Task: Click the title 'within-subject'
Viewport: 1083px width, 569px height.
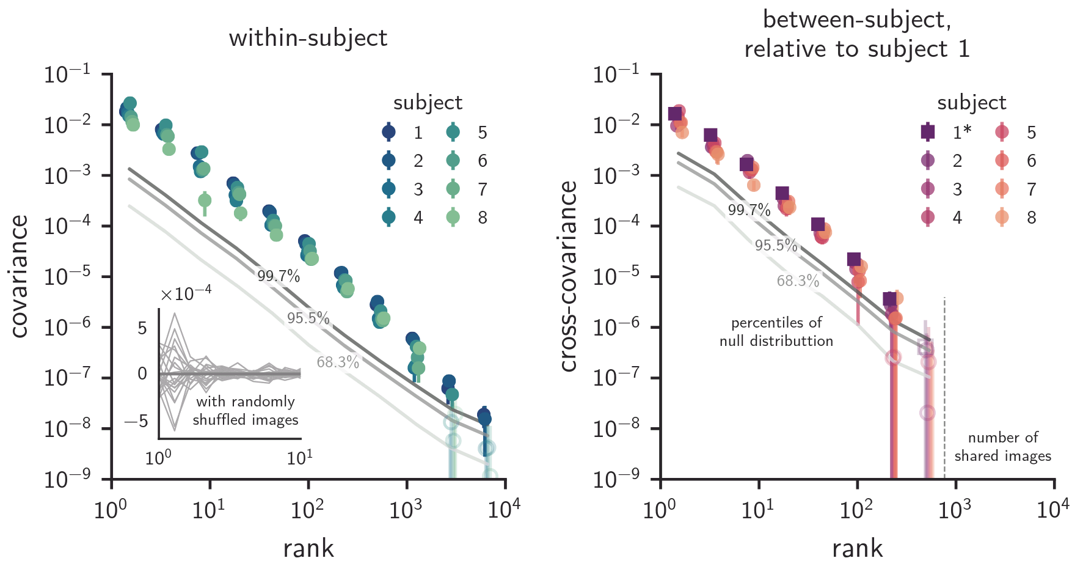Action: click(308, 39)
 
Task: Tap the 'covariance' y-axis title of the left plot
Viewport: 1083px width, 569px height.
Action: click(20, 276)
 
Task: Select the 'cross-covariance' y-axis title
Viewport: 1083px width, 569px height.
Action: click(569, 276)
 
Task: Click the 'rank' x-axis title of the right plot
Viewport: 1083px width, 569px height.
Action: click(857, 548)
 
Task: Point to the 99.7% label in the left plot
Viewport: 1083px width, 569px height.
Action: click(279, 276)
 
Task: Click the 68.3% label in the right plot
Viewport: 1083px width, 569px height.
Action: click(798, 281)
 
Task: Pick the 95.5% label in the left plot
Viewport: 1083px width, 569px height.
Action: click(308, 318)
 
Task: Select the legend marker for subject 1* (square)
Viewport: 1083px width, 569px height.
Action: click(928, 132)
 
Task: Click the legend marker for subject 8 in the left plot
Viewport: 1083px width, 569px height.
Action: click(453, 218)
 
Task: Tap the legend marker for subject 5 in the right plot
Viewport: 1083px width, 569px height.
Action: click(1002, 132)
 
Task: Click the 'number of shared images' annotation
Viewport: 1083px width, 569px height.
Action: click(1002, 447)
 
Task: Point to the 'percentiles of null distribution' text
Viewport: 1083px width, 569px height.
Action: click(776, 332)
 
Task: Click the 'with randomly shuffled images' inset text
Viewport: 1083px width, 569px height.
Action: click(246, 411)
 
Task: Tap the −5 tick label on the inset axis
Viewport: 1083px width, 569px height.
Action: click(136, 421)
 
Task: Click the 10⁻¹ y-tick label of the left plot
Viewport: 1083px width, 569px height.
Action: click(68, 75)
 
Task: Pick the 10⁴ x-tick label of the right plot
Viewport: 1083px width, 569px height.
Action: click(1053, 509)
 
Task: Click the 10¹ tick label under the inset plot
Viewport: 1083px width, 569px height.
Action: click(300, 458)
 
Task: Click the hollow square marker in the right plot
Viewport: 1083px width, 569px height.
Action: click(925, 348)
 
